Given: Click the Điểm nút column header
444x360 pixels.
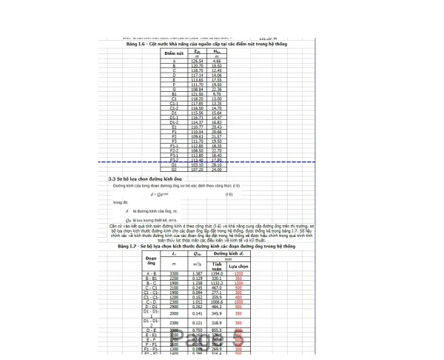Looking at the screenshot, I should click(174, 53).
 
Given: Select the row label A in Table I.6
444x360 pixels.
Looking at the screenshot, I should click(174, 60).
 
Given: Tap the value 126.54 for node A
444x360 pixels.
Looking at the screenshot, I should click(197, 60).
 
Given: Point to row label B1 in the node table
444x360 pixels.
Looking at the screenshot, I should click(174, 94).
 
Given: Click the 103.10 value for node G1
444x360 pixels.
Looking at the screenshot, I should click(197, 164).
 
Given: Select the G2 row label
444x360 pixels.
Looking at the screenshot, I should click(174, 169).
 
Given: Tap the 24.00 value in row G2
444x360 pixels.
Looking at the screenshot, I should click(217, 169).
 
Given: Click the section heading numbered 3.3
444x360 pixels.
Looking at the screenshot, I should click(145, 179).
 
